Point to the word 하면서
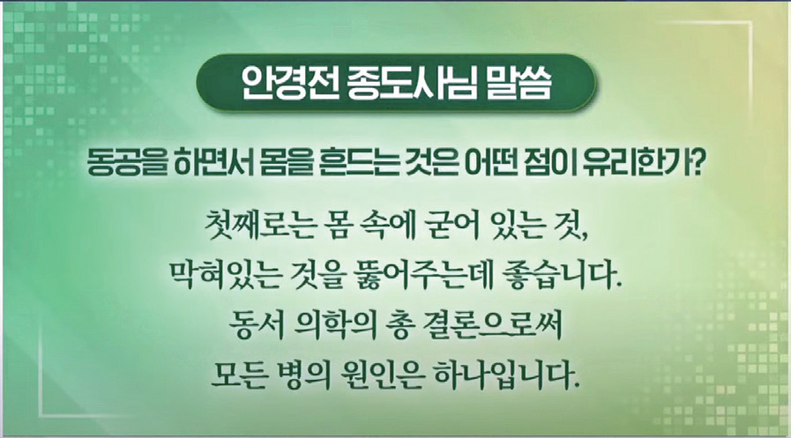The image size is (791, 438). click(x=213, y=164)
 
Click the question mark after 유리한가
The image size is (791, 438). click(x=695, y=164)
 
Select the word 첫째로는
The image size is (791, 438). click(x=258, y=226)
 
